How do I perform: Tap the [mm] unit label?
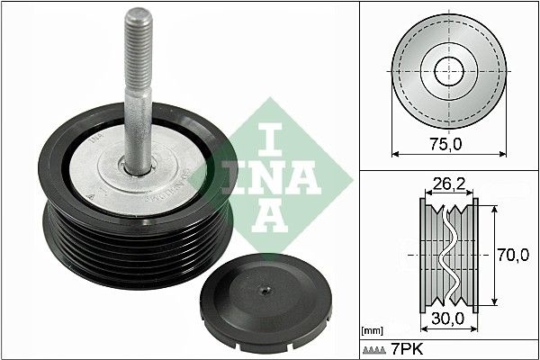pyautogui.click(x=370, y=331)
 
